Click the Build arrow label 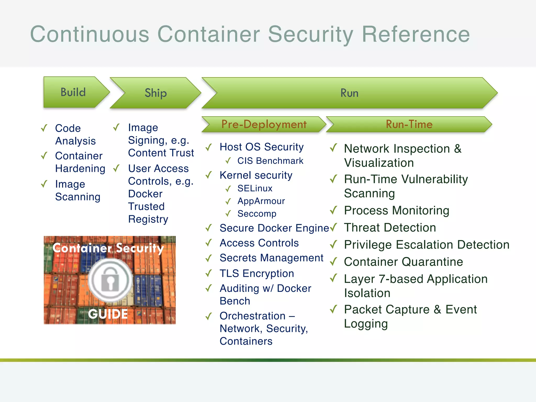coord(73,92)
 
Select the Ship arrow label coord(155,93)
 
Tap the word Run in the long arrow coord(349,93)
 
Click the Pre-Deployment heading coord(264,124)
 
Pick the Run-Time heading coord(409,124)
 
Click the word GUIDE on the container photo coord(108,314)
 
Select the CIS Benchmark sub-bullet coord(270,161)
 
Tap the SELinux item coord(255,188)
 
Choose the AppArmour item coord(261,201)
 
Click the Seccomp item coord(257,214)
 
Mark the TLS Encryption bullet coord(256,273)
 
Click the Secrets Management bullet coord(271,258)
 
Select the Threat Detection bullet coord(390,227)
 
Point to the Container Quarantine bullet coord(403,262)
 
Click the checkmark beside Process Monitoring coord(333,210)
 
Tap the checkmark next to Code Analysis coord(44,128)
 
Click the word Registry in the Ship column coord(148,219)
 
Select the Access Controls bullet coord(259,243)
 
